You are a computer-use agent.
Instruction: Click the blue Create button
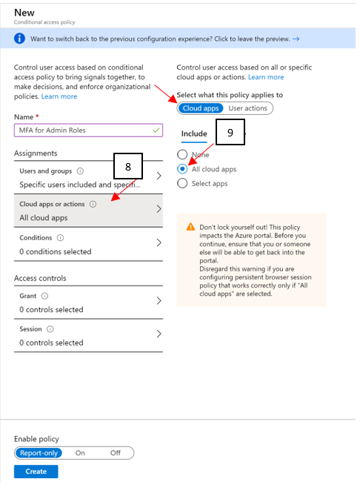pyautogui.click(x=36, y=472)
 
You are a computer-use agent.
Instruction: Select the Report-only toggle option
pyautogui.click(x=39, y=453)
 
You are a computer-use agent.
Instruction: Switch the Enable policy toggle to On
pyautogui.click(x=80, y=453)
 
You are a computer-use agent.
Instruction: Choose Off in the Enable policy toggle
pyautogui.click(x=116, y=453)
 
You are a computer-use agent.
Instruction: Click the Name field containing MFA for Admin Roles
pyautogui.click(x=88, y=130)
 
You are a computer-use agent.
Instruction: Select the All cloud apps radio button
pyautogui.click(x=182, y=169)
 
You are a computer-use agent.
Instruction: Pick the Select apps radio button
pyautogui.click(x=182, y=183)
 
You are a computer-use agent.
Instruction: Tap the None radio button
pyautogui.click(x=182, y=154)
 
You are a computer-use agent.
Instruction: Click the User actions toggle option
pyautogui.click(x=248, y=108)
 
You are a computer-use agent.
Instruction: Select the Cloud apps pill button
pyautogui.click(x=201, y=108)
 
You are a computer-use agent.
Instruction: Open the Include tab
pyautogui.click(x=194, y=133)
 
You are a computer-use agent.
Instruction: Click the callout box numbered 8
pyautogui.click(x=128, y=166)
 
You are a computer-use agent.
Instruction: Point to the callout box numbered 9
pyautogui.click(x=230, y=132)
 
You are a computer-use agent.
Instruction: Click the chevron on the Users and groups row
pyautogui.click(x=159, y=176)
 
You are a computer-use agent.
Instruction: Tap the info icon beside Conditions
pyautogui.click(x=60, y=237)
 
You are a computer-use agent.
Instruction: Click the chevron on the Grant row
pyautogui.click(x=159, y=300)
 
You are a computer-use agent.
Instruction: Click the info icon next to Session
pyautogui.click(x=50, y=329)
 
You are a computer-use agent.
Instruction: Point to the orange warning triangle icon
pyautogui.click(x=190, y=227)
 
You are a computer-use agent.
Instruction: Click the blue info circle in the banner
pyautogui.click(x=19, y=39)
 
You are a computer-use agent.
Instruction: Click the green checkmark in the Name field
pyautogui.click(x=156, y=130)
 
